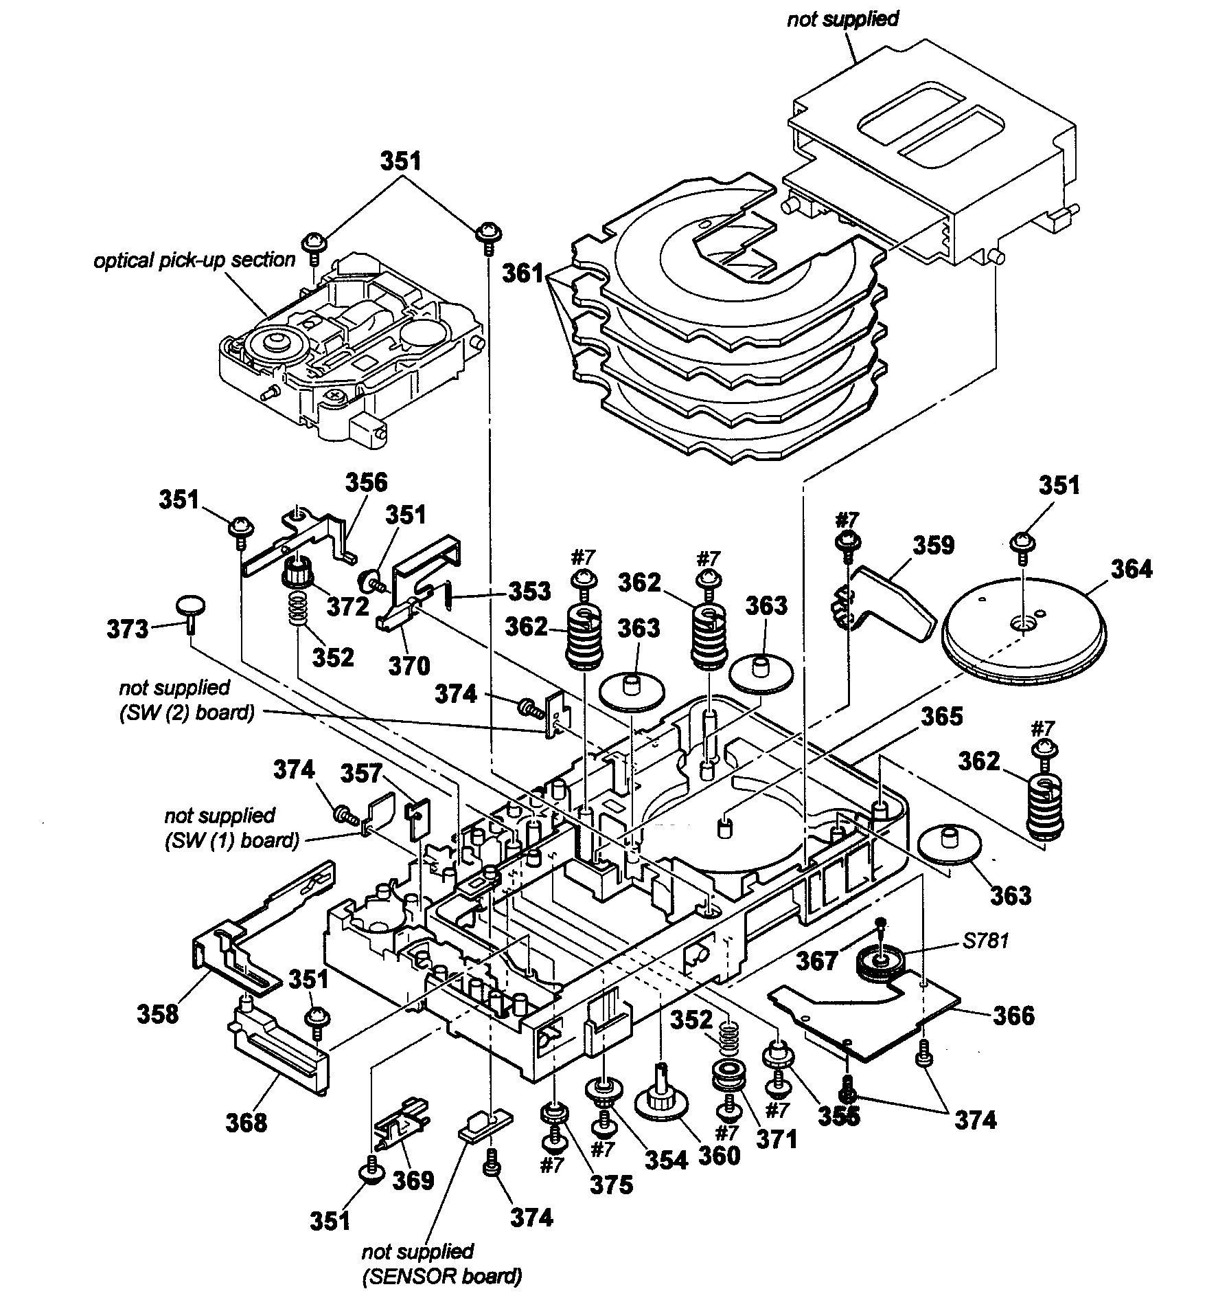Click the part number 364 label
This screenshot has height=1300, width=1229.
pyautogui.click(x=1132, y=569)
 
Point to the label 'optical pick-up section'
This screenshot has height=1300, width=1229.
pyautogui.click(x=194, y=260)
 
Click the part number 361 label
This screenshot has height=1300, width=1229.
pyautogui.click(x=522, y=273)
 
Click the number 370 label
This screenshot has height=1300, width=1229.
pyautogui.click(x=409, y=665)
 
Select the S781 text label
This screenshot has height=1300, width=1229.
pyautogui.click(x=985, y=941)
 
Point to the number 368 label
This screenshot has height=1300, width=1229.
pyautogui.click(x=246, y=1123)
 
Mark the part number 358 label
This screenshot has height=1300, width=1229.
pyautogui.click(x=158, y=1014)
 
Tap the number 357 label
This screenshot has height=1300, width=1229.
pyautogui.click(x=362, y=773)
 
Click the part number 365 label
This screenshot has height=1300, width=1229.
pyautogui.click(x=942, y=717)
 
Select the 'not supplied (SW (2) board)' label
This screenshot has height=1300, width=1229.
pyautogui.click(x=186, y=699)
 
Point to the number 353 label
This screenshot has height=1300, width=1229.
pyautogui.click(x=529, y=591)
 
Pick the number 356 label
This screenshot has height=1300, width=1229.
pyautogui.click(x=366, y=482)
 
